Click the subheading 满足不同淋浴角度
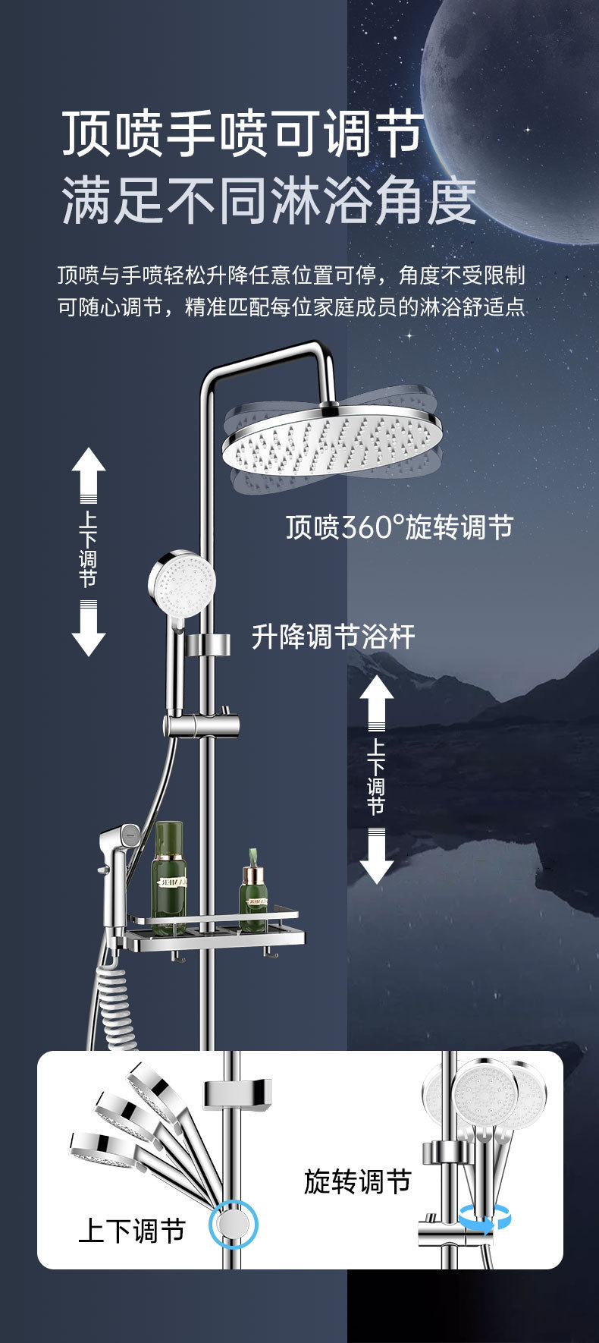pyautogui.click(x=268, y=201)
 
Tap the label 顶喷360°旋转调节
pyautogui.click(x=399, y=527)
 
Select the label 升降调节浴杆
pyautogui.click(x=333, y=637)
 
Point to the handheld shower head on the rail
pyautogui.click(x=181, y=583)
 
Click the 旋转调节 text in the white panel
pyautogui.click(x=357, y=1181)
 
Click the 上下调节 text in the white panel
pyautogui.click(x=132, y=1230)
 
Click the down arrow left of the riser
pyautogui.click(x=89, y=631)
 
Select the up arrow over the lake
pyautogui.click(x=376, y=698)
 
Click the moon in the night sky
pyautogui.click(x=516, y=114)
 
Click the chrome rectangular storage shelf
pyautogui.click(x=216, y=933)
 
